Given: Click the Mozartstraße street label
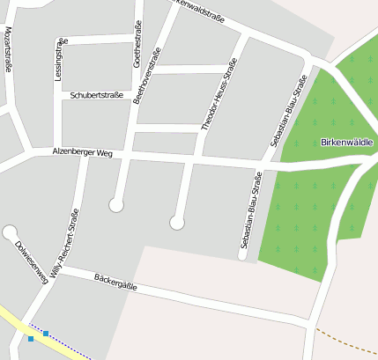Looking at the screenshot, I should tap(8, 50).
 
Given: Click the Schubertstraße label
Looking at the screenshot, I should tap(96, 94).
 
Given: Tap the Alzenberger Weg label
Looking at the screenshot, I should tap(83, 152).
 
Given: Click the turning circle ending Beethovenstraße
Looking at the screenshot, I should tap(115, 205).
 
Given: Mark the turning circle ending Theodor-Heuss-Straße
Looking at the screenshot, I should tap(177, 223).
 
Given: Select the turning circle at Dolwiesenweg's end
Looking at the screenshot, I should tap(10, 231).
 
